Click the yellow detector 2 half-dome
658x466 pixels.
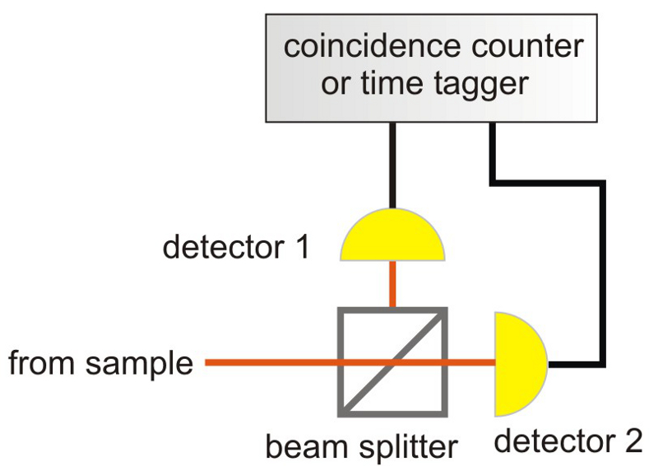517,363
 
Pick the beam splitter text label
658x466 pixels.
361,447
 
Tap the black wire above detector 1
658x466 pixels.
392,165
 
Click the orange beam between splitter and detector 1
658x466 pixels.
392,285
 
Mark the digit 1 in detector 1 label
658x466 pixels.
301,247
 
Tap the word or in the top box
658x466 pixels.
335,85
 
